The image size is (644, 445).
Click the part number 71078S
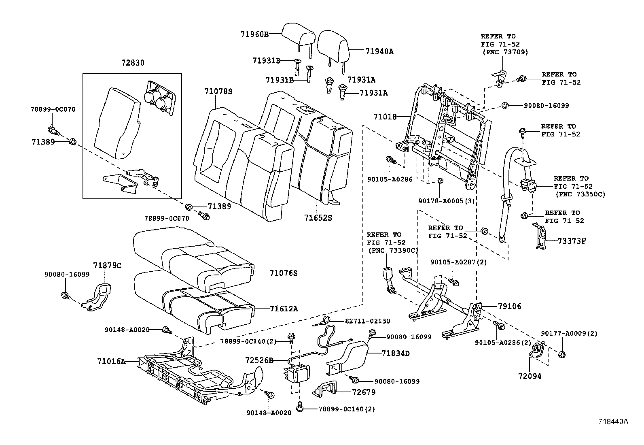pos(218,92)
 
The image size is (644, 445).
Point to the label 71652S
pos(318,217)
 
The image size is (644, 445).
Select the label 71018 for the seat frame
pos(385,117)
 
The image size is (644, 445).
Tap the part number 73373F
pos(572,241)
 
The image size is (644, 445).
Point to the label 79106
pos(509,307)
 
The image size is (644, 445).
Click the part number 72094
pos(530,376)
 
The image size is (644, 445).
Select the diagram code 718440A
pos(613,421)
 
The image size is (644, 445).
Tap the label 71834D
pos(396,353)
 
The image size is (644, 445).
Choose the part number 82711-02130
pos(368,321)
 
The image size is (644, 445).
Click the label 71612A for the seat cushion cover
pos(284,309)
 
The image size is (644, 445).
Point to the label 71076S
pos(284,273)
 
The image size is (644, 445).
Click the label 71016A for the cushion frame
pos(111,361)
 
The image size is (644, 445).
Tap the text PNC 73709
pos(505,52)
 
